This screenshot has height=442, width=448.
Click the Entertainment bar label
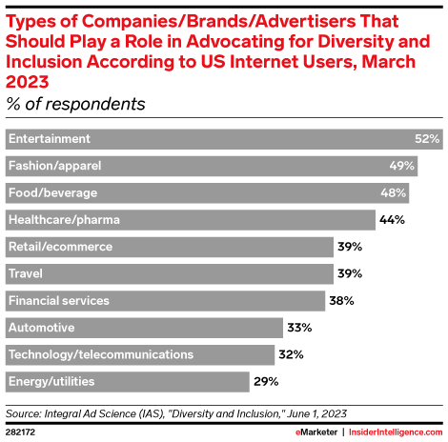pyautogui.click(x=49, y=139)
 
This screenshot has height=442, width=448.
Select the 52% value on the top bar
pyautogui.click(x=427, y=139)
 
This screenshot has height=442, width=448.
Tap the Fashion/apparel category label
pyautogui.click(x=54, y=166)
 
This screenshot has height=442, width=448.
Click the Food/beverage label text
pyautogui.click(x=52, y=193)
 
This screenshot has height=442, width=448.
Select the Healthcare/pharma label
pyautogui.click(x=58, y=220)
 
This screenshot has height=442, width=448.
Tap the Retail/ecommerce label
pyautogui.click(x=60, y=247)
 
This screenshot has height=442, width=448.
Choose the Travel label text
pyautogui.click(x=26, y=274)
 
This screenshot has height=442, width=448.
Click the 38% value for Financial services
pyautogui.click(x=341, y=301)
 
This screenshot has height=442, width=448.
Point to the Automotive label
pyautogui.click(x=41, y=328)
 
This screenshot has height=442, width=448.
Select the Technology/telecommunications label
pyautogui.click(x=101, y=355)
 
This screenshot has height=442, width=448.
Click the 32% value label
pyautogui.click(x=292, y=355)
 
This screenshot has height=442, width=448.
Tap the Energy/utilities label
pyautogui.click(x=51, y=382)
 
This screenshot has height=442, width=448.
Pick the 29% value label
pyautogui.click(x=267, y=382)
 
